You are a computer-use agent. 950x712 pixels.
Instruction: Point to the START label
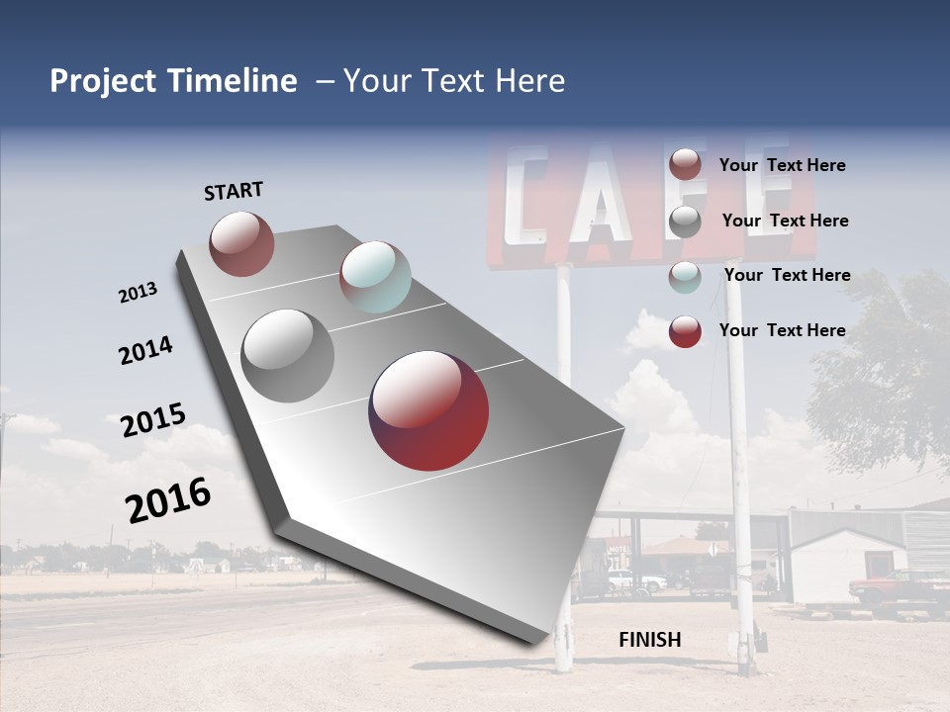point(234,191)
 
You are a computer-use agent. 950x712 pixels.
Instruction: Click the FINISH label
point(649,640)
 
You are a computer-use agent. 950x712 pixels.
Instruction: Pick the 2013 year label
point(139,293)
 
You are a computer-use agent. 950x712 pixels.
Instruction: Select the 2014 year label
point(145,351)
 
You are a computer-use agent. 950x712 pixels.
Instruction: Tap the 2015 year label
point(153,420)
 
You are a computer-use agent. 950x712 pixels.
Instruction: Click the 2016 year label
point(168,500)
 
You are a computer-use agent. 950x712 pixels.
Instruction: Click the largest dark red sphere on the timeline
point(428,410)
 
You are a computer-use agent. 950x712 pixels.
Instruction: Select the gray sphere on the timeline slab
point(288,356)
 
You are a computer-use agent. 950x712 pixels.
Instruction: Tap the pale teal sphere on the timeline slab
point(375,277)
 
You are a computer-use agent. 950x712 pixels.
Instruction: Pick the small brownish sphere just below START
point(241,243)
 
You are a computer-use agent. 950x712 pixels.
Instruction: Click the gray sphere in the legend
point(685,222)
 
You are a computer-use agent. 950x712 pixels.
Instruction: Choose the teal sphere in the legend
point(685,277)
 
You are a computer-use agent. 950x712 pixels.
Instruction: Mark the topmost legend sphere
point(685,164)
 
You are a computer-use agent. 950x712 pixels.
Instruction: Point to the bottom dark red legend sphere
point(685,331)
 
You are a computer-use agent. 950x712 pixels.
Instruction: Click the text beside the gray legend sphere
point(785,221)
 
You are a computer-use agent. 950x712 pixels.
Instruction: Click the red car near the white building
point(896,589)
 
